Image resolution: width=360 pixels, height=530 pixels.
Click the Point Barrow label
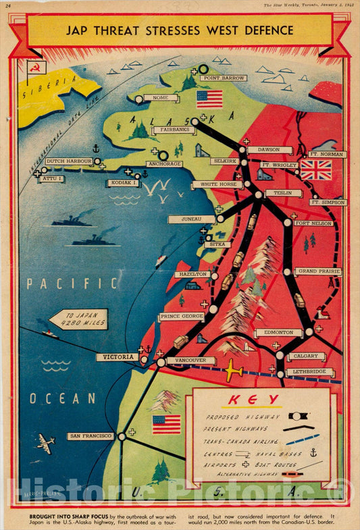pyautogui.click(x=223, y=78)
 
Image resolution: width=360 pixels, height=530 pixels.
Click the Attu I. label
pyautogui.click(x=52, y=179)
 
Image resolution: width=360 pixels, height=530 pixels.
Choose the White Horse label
pyautogui.click(x=217, y=184)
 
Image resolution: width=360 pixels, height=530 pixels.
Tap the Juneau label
pyautogui.click(x=192, y=219)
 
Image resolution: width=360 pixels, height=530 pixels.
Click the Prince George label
pyautogui.click(x=181, y=317)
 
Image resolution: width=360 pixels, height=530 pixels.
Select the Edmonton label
pyautogui.click(x=278, y=333)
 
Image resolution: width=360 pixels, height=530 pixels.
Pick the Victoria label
pyautogui.click(x=117, y=357)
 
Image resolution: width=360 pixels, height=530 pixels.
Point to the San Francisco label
pyautogui.click(x=91, y=436)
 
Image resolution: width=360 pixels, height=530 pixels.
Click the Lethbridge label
pyautogui.click(x=310, y=372)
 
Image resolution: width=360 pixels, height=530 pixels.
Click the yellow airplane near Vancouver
pyautogui.click(x=233, y=371)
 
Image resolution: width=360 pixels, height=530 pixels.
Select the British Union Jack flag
pyautogui.click(x=315, y=169)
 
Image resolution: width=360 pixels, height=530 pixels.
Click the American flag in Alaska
pyautogui.click(x=209, y=99)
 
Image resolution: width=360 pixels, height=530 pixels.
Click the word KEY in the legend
pyautogui.click(x=263, y=400)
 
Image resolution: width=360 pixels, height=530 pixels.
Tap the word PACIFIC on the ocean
pyautogui.click(x=72, y=284)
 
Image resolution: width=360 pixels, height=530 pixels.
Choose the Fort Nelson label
pyautogui.click(x=313, y=223)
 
